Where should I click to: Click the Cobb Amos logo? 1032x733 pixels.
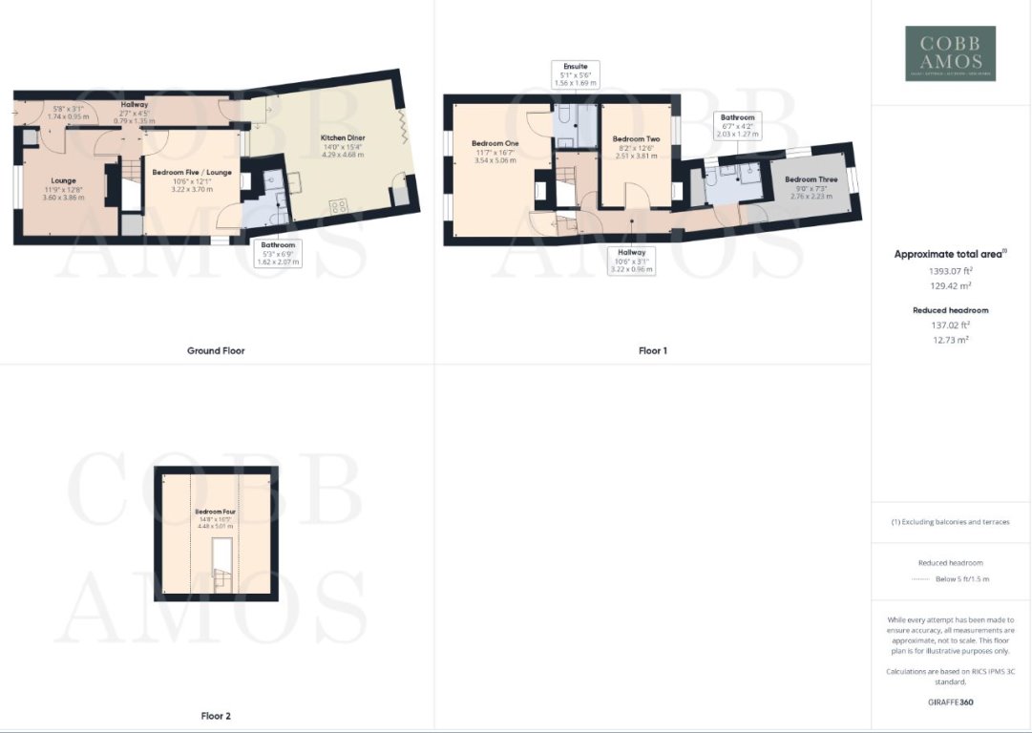(x=950, y=52)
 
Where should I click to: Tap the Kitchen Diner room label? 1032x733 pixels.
(x=343, y=137)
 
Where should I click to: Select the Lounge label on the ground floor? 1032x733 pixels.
(x=64, y=179)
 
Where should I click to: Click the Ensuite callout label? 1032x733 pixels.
(x=575, y=67)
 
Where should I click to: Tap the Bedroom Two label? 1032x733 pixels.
(x=635, y=138)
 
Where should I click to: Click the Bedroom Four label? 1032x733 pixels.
(x=216, y=513)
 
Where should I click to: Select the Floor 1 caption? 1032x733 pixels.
(x=653, y=351)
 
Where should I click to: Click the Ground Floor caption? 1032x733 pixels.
(x=216, y=351)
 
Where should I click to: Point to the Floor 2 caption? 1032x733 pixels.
(x=216, y=716)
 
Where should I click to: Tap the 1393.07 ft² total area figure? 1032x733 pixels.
(x=950, y=271)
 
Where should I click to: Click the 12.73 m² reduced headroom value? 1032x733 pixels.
(x=950, y=339)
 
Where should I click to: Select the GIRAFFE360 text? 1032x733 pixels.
(x=950, y=702)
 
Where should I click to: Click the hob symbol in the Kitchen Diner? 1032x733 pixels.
(x=338, y=205)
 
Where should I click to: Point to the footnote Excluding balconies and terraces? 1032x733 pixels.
(x=950, y=522)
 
